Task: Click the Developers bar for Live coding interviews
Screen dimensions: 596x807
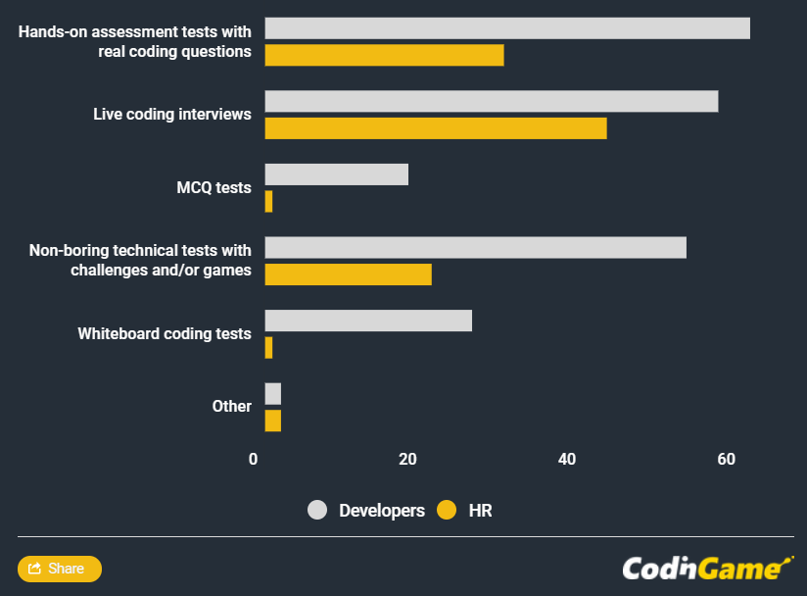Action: pos(491,101)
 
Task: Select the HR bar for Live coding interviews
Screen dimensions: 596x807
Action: pos(435,127)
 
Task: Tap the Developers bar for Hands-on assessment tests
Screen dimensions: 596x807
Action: pos(506,28)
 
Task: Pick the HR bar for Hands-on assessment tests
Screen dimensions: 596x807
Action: pos(384,55)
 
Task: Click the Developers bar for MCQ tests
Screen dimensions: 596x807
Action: pos(336,174)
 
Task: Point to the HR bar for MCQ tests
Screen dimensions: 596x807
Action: pos(268,201)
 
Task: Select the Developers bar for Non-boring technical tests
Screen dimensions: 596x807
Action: pos(475,247)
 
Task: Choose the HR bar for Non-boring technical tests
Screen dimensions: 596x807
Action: pos(348,274)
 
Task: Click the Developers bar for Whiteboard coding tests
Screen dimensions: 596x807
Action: pos(368,321)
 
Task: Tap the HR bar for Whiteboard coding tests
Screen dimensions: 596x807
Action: pos(268,347)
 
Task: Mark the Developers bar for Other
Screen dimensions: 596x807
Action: pos(272,394)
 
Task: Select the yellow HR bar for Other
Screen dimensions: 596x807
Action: pos(272,421)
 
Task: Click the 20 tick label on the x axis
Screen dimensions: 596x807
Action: pos(407,459)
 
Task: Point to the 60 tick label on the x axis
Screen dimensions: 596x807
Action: pos(726,459)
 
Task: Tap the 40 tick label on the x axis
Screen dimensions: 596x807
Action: pos(566,459)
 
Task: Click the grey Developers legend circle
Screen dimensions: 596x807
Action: pos(317,510)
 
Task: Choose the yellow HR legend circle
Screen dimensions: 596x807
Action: pos(447,510)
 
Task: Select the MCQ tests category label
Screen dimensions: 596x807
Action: pos(214,187)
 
